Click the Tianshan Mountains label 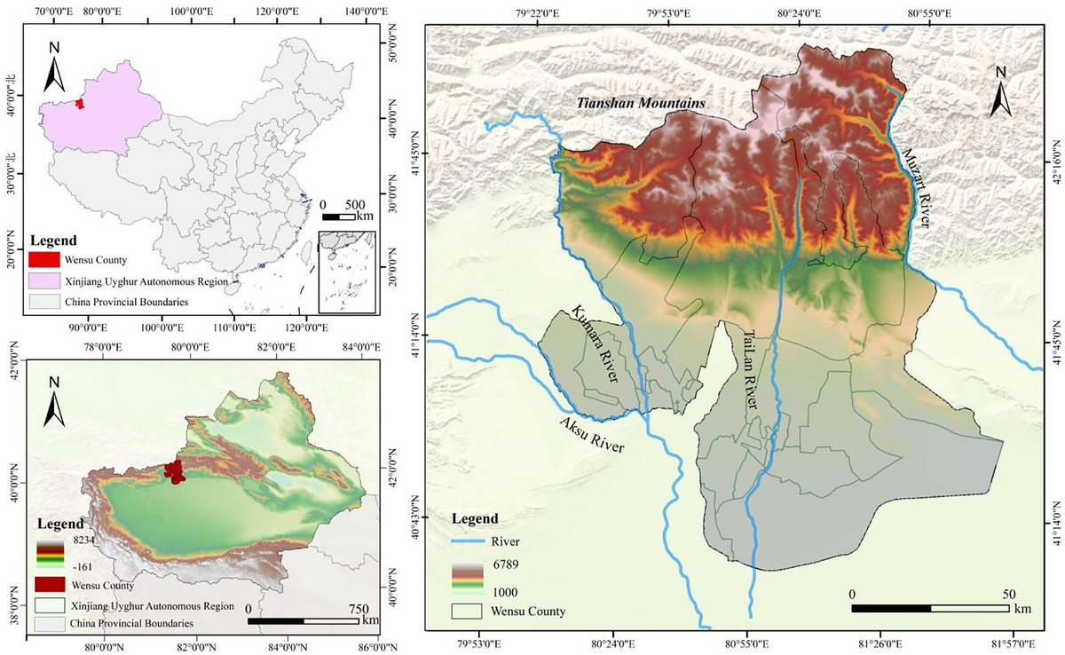641,104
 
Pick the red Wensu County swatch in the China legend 44,260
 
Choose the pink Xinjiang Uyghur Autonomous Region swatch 44,281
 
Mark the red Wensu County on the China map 80,105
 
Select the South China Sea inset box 347,271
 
